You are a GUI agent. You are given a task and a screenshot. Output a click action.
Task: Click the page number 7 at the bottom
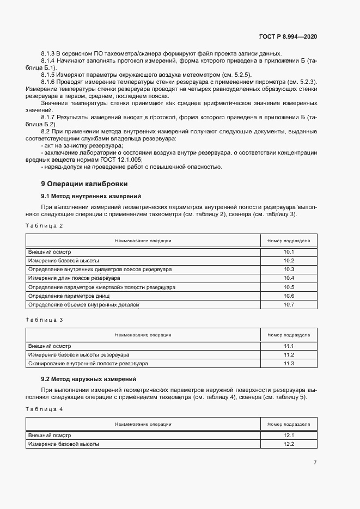(315, 463)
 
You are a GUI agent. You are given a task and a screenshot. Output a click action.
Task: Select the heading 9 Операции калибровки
(84, 183)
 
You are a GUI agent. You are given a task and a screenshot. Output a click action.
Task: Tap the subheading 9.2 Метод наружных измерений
(88, 378)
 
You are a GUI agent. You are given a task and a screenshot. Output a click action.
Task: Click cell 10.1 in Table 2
(289, 252)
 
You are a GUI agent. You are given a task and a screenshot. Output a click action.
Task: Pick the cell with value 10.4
(289, 278)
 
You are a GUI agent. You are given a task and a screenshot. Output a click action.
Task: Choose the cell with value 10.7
(289, 304)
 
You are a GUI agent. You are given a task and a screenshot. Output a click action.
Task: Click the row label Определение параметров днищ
(69, 296)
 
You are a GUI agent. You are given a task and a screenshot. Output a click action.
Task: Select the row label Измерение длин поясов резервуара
(75, 278)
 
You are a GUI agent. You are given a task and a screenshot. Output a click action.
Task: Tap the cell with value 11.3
(289, 363)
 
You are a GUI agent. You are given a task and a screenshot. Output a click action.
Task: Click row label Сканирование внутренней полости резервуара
(88, 363)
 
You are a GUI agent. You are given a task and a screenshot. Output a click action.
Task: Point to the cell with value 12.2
(289, 444)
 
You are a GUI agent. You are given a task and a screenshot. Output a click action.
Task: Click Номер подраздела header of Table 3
(289, 335)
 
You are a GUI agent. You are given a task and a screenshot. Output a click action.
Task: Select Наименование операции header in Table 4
(143, 424)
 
